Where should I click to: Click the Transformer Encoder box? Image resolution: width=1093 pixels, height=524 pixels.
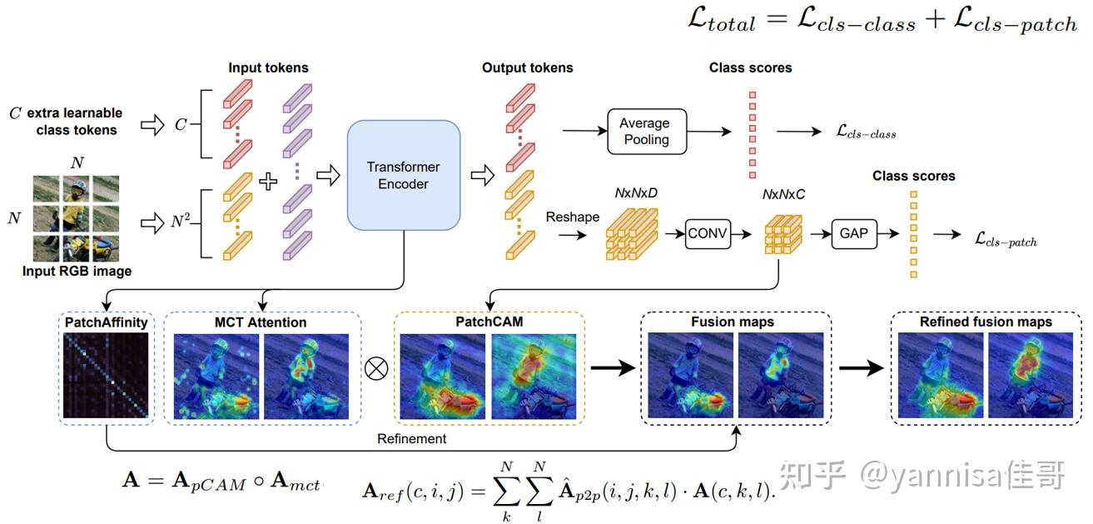click(404, 175)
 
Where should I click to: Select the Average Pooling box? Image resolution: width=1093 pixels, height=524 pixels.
click(647, 132)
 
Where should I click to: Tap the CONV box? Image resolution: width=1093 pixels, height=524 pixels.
click(708, 234)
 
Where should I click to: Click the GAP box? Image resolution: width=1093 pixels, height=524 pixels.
click(853, 234)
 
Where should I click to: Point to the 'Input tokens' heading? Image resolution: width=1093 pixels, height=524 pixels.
click(268, 68)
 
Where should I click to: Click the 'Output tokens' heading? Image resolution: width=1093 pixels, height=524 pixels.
click(527, 68)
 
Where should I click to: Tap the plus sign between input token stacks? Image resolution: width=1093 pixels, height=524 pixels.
click(268, 181)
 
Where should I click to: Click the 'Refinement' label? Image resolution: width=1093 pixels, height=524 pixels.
click(411, 438)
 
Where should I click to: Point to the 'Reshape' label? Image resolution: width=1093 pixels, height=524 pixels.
click(572, 217)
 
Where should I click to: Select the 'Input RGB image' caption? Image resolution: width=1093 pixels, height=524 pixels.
click(77, 271)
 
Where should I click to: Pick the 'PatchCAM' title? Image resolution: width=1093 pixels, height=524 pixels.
click(489, 322)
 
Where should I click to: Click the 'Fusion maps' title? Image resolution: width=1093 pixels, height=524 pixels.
click(733, 322)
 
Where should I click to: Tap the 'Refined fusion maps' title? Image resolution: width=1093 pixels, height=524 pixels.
click(986, 322)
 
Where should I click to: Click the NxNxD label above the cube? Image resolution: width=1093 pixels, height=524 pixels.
click(636, 192)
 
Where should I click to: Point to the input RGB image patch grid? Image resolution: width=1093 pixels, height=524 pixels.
click(77, 218)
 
